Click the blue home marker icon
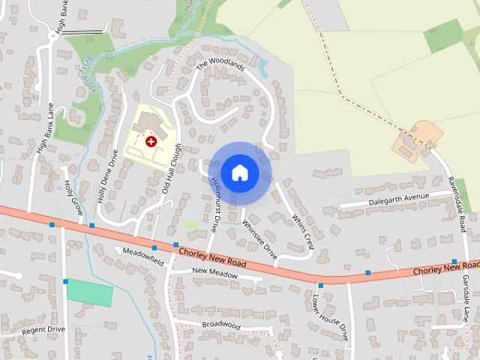pyautogui.click(x=239, y=172)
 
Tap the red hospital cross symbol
pyautogui.click(x=151, y=141)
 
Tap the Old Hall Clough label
pyautogui.click(x=172, y=169)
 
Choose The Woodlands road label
pyautogui.click(x=220, y=66)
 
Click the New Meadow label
pyautogui.click(x=214, y=274)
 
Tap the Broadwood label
pyautogui.click(x=221, y=325)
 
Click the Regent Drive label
pyautogui.click(x=43, y=329)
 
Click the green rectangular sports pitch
pyautogui.click(x=90, y=292)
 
